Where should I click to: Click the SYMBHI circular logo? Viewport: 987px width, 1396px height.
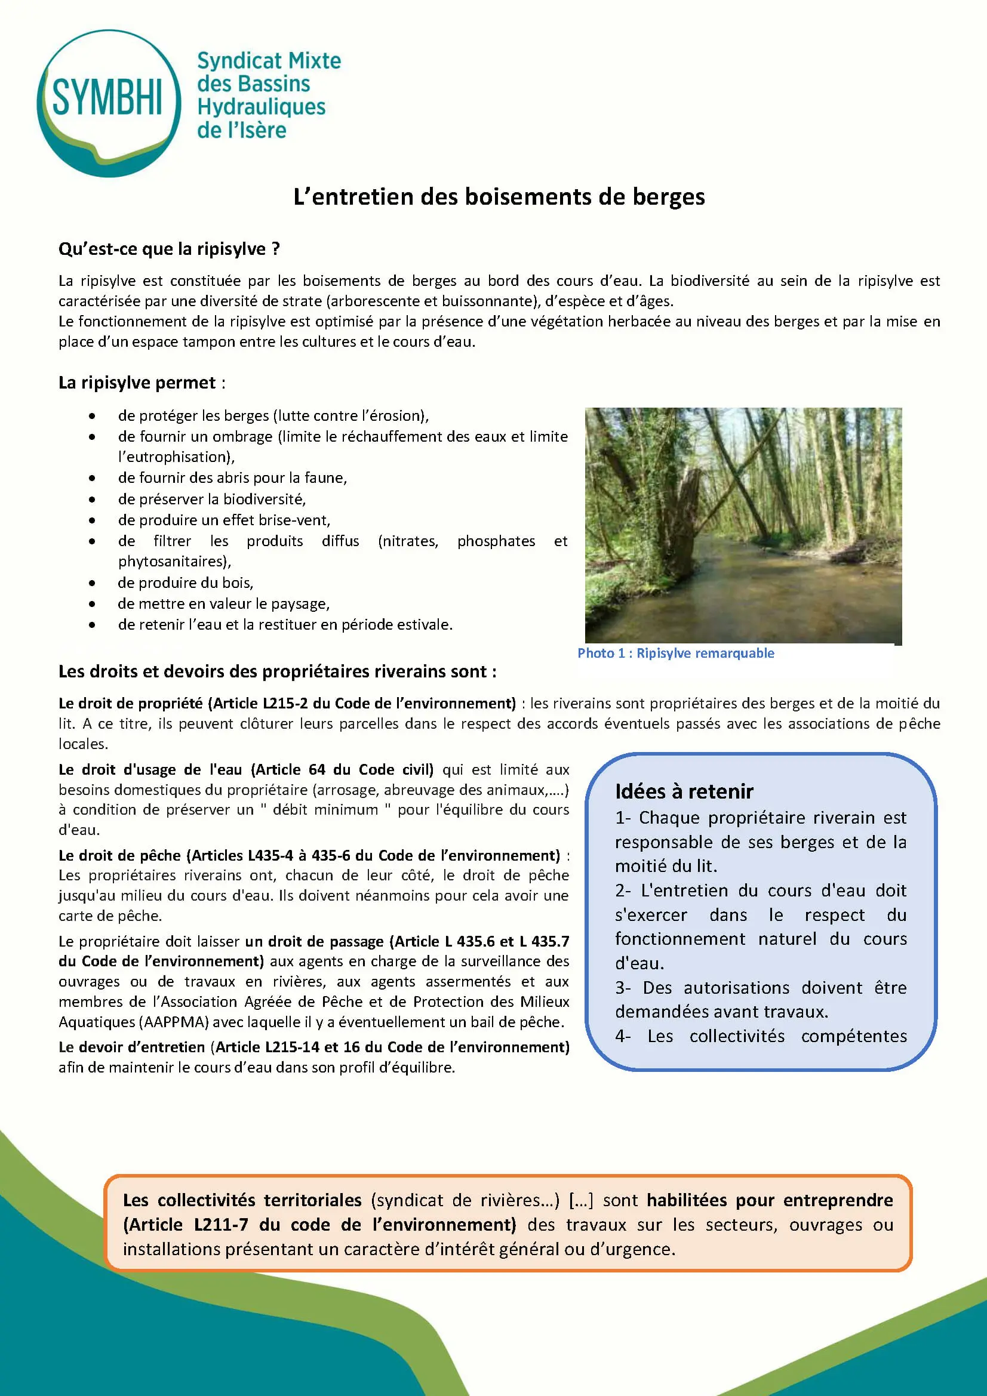pyautogui.click(x=108, y=102)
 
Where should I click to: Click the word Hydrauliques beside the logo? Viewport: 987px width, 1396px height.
pyautogui.click(x=261, y=107)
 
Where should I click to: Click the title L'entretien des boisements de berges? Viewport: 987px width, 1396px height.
pyautogui.click(x=499, y=197)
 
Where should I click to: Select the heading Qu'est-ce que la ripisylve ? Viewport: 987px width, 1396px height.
pyautogui.click(x=169, y=249)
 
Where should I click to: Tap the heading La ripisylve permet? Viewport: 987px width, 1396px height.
pyautogui.click(x=137, y=383)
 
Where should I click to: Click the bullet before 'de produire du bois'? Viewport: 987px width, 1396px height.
pyautogui.click(x=92, y=583)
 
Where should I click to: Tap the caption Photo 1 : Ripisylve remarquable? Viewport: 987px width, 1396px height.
pyautogui.click(x=676, y=653)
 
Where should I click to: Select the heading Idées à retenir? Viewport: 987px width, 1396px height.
pyautogui.click(x=684, y=791)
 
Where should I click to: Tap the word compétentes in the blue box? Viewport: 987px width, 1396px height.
pyautogui.click(x=853, y=1036)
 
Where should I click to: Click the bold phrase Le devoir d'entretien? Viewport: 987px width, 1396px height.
pyautogui.click(x=131, y=1047)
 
